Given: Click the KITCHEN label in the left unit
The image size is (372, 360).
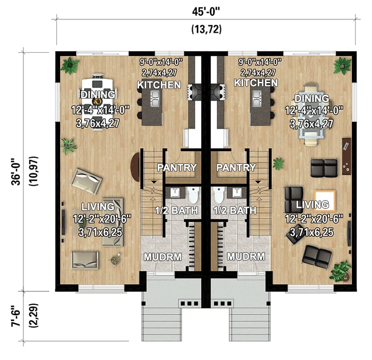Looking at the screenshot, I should coord(159,85).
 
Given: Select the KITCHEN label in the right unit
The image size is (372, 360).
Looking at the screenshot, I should coord(256,83).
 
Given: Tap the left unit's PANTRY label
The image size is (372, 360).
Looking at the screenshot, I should coord(176,167).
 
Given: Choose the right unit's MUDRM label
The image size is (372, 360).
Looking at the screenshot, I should coord(246,256).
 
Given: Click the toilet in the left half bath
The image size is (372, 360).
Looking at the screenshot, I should coord(193,194).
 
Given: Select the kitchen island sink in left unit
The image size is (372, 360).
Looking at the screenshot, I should coord(154,97).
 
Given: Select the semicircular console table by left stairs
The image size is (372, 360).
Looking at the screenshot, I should coord(135,168).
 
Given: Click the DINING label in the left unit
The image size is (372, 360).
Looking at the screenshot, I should coord(98,95).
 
